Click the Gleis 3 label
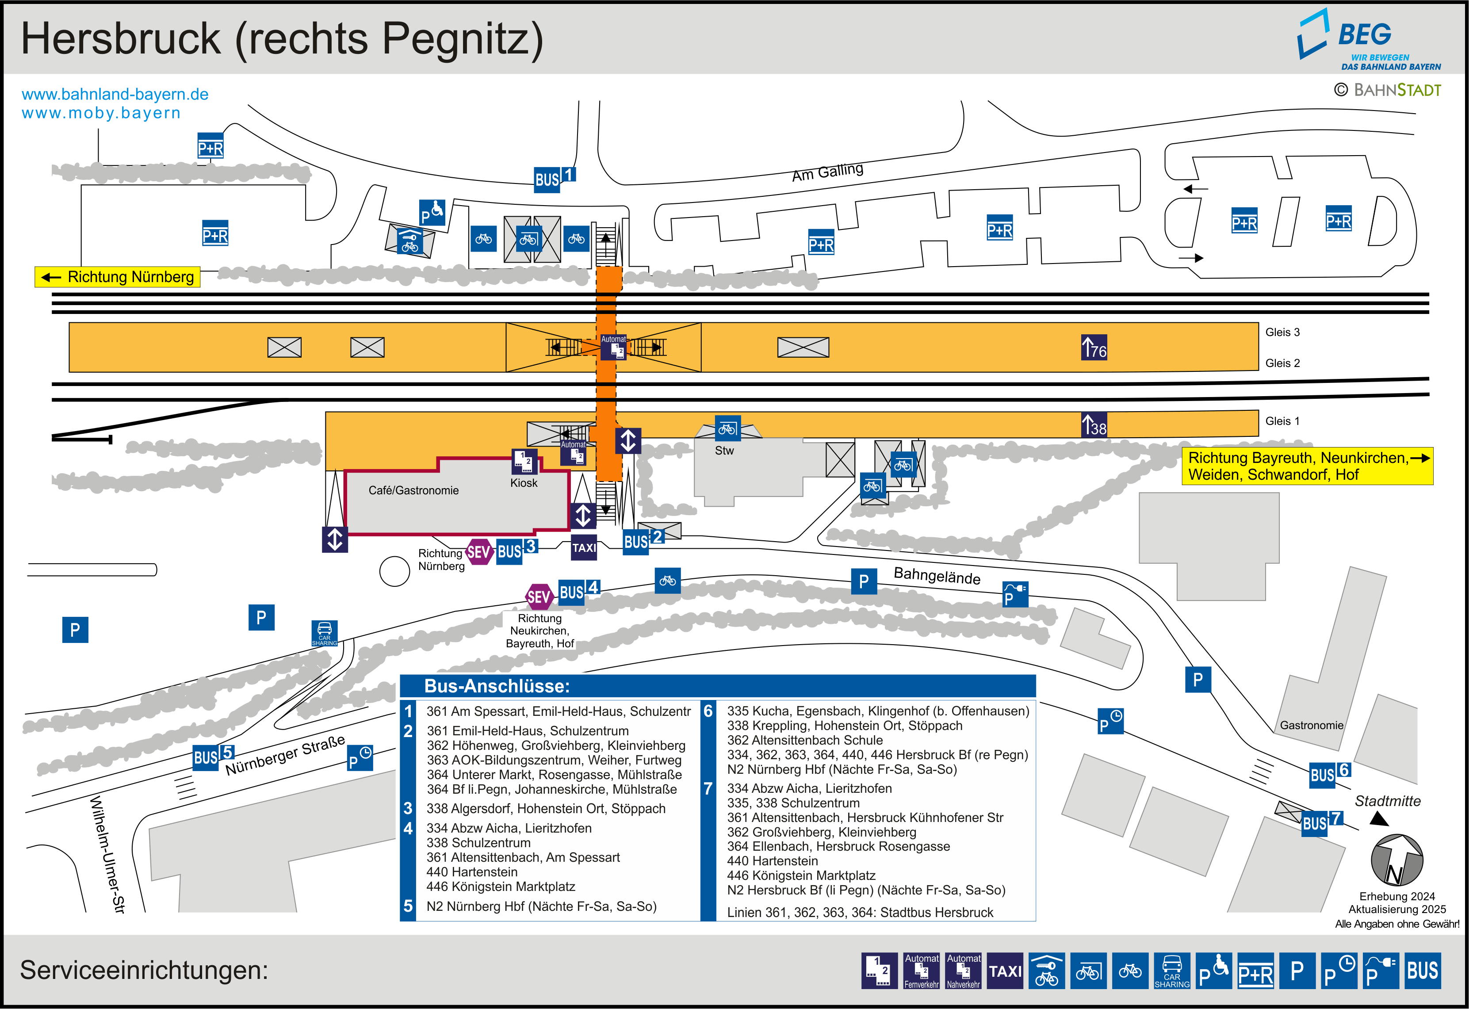pos(1282,333)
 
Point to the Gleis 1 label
pos(1282,421)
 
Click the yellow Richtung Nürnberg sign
pos(118,277)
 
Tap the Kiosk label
pos(524,483)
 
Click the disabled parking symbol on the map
pos(432,212)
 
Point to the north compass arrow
pos(1397,860)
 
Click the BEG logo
pos(1369,39)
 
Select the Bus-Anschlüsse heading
pos(497,686)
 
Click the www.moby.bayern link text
pos(101,113)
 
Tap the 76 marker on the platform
pos(1094,347)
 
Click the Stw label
pos(724,451)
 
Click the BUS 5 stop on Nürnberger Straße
pos(214,756)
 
